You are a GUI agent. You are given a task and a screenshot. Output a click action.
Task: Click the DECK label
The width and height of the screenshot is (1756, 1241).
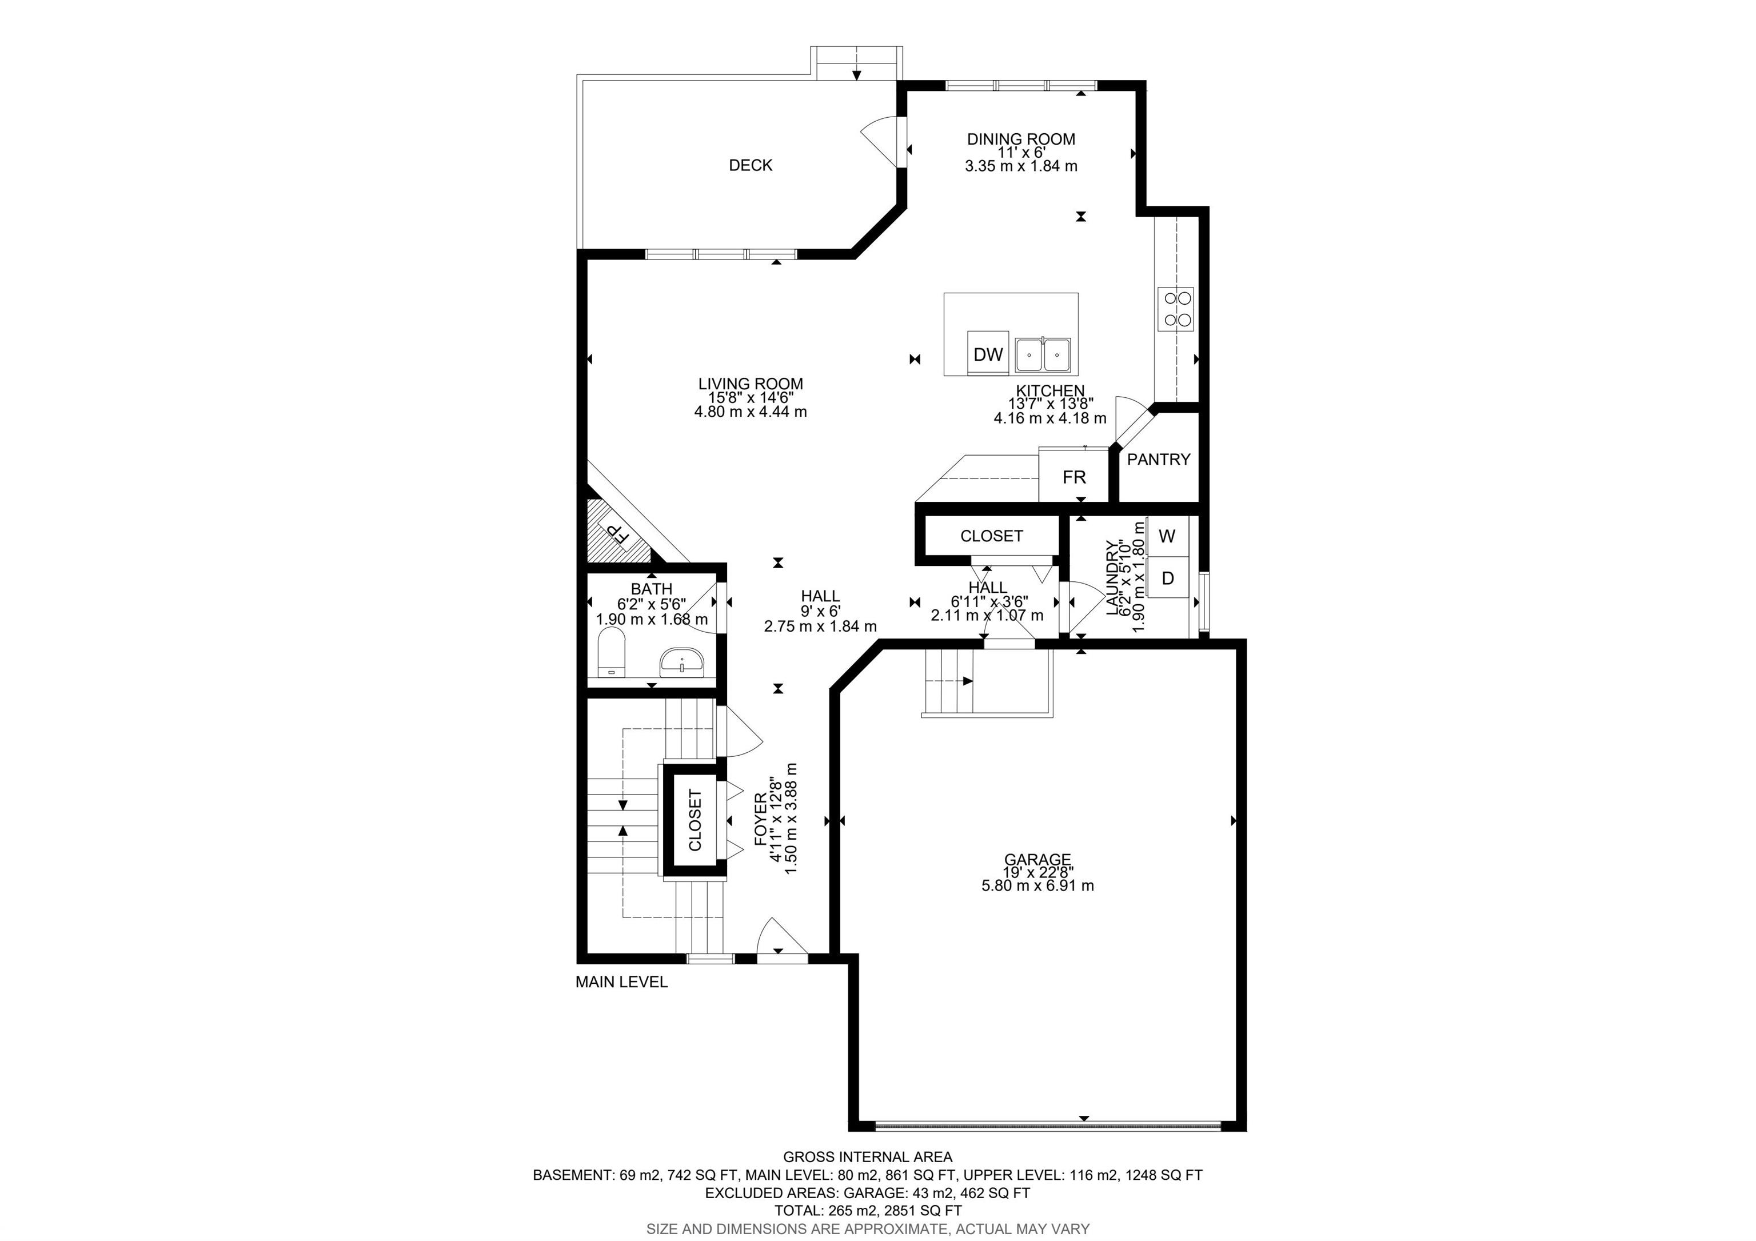[751, 165]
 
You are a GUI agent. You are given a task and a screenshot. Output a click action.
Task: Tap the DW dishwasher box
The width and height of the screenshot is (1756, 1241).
[988, 353]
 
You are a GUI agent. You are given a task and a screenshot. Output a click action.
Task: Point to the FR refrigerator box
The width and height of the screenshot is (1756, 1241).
[1074, 476]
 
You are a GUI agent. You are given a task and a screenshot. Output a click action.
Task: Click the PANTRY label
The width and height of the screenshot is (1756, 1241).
[1159, 460]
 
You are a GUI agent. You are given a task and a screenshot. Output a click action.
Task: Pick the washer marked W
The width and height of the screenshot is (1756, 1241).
[1167, 536]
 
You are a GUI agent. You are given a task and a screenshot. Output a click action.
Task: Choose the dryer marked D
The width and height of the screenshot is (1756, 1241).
[1167, 577]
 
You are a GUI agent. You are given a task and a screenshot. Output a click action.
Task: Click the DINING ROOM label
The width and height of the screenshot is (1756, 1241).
[1021, 139]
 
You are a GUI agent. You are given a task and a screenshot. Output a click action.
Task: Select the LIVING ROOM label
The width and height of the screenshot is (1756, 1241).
[751, 384]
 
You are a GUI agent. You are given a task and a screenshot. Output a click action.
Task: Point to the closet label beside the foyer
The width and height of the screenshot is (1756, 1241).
[695, 820]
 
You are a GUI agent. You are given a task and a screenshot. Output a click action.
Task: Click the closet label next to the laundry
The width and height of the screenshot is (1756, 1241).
[991, 536]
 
